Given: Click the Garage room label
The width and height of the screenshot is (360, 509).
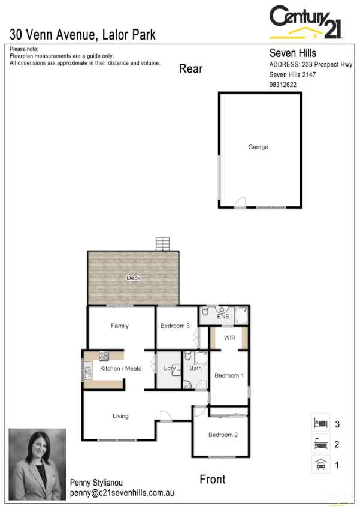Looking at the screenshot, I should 258,147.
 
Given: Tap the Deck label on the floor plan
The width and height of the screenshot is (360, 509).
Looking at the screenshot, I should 133,278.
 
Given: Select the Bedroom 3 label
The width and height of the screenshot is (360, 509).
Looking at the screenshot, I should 175,326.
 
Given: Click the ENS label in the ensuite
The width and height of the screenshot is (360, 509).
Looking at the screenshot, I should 223,316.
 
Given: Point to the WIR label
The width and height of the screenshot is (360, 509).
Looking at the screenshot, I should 229,338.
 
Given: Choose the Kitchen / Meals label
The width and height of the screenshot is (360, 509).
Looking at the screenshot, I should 120,368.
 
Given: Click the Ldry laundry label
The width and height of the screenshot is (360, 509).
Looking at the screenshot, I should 170,368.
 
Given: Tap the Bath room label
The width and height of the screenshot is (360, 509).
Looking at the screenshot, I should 196,368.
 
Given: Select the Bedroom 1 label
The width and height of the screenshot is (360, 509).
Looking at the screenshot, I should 229,376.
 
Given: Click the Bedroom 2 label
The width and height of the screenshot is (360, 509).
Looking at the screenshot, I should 223,435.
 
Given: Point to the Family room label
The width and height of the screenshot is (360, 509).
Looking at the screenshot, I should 120,326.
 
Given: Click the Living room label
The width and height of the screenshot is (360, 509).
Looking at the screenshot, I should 120,416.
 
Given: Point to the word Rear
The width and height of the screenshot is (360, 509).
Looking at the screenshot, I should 191,69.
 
